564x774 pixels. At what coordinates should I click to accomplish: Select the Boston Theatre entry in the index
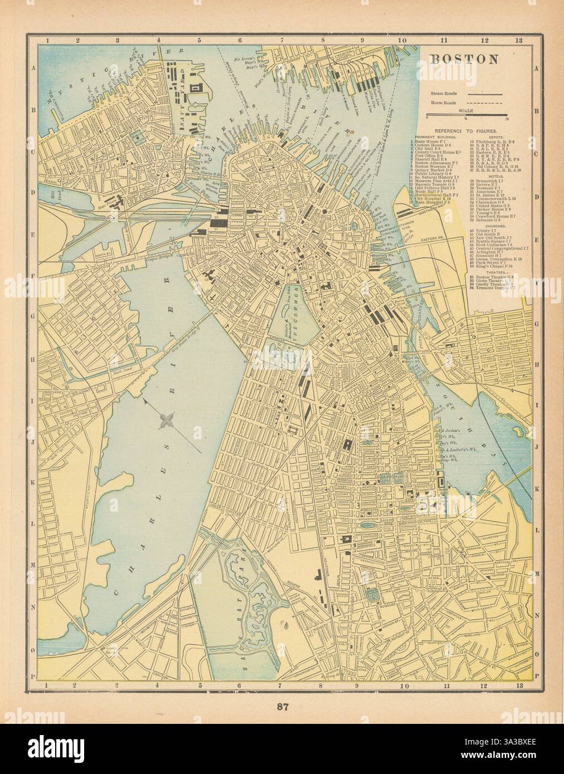489,276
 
